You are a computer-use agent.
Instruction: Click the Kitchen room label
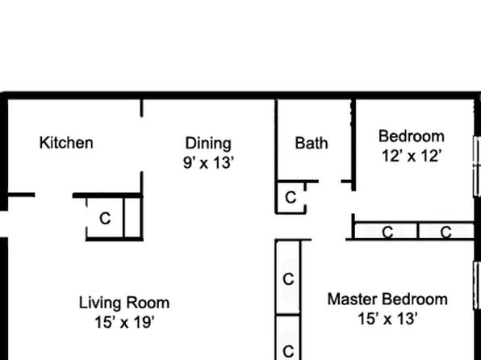pyautogui.click(x=66, y=143)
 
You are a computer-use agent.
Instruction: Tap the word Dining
pyautogui.click(x=208, y=144)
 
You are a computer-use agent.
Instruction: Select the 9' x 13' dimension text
pyautogui.click(x=208, y=163)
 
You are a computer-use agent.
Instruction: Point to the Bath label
pyautogui.click(x=312, y=144)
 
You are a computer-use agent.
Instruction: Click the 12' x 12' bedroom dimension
pyautogui.click(x=412, y=156)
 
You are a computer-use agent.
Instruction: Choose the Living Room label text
pyautogui.click(x=124, y=303)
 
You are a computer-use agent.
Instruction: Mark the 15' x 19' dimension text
pyautogui.click(x=124, y=323)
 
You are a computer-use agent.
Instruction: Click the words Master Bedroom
pyautogui.click(x=387, y=299)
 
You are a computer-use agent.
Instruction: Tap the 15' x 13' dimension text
pyautogui.click(x=387, y=319)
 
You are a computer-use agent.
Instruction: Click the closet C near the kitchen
pyautogui.click(x=105, y=219)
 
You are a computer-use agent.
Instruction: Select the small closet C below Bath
pyautogui.click(x=291, y=197)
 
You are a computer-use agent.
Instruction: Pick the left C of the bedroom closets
pyautogui.click(x=387, y=232)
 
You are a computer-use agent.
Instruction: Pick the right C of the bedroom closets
pyautogui.click(x=445, y=232)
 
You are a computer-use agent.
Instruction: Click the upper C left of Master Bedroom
pyautogui.click(x=288, y=279)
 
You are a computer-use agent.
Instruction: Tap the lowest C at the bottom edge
pyautogui.click(x=288, y=351)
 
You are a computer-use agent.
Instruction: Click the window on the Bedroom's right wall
pyautogui.click(x=477, y=166)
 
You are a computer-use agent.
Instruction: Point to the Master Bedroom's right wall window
pyautogui.click(x=477, y=286)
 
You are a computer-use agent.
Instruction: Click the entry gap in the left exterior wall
pyautogui.click(x=4, y=224)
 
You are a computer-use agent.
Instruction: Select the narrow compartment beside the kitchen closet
pyautogui.click(x=132, y=218)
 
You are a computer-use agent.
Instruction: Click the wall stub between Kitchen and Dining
pyautogui.click(x=141, y=107)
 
